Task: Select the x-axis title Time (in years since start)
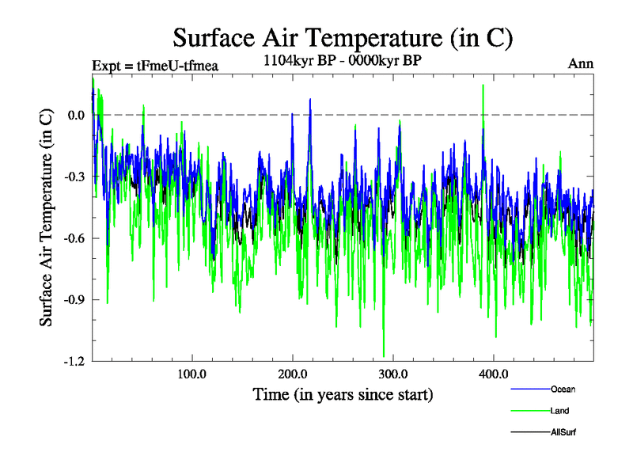click(343, 393)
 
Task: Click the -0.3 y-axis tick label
click(74, 177)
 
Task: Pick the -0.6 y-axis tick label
click(74, 238)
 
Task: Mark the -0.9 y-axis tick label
click(74, 300)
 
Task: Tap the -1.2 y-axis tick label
click(74, 361)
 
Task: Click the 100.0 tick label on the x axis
click(191, 374)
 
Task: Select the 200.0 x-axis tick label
click(292, 374)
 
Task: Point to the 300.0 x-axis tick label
click(392, 374)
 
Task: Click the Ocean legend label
click(563, 389)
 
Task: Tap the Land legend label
click(559, 411)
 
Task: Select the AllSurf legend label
click(564, 432)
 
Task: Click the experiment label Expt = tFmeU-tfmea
click(155, 65)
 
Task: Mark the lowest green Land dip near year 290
click(384, 355)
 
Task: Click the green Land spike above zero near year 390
click(483, 86)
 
